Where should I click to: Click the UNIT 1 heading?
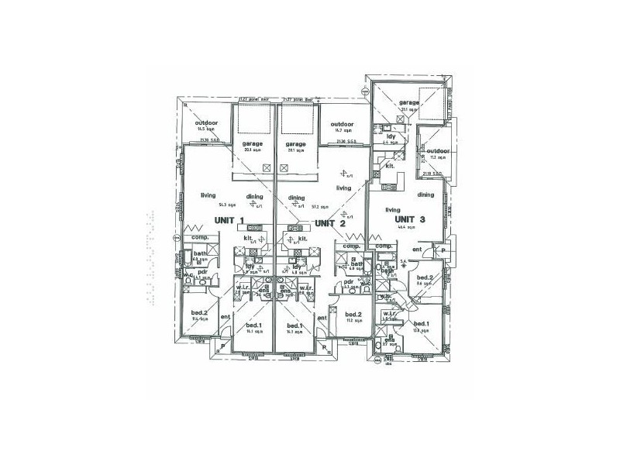232,221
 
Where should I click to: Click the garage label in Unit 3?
409,102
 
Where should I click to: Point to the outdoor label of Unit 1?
206,124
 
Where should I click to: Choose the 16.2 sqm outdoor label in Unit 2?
342,125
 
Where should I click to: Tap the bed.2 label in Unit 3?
424,277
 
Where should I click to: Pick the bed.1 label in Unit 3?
422,323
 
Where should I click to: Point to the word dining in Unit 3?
425,195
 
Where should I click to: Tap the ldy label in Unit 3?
391,136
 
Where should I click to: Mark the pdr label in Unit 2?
349,281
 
